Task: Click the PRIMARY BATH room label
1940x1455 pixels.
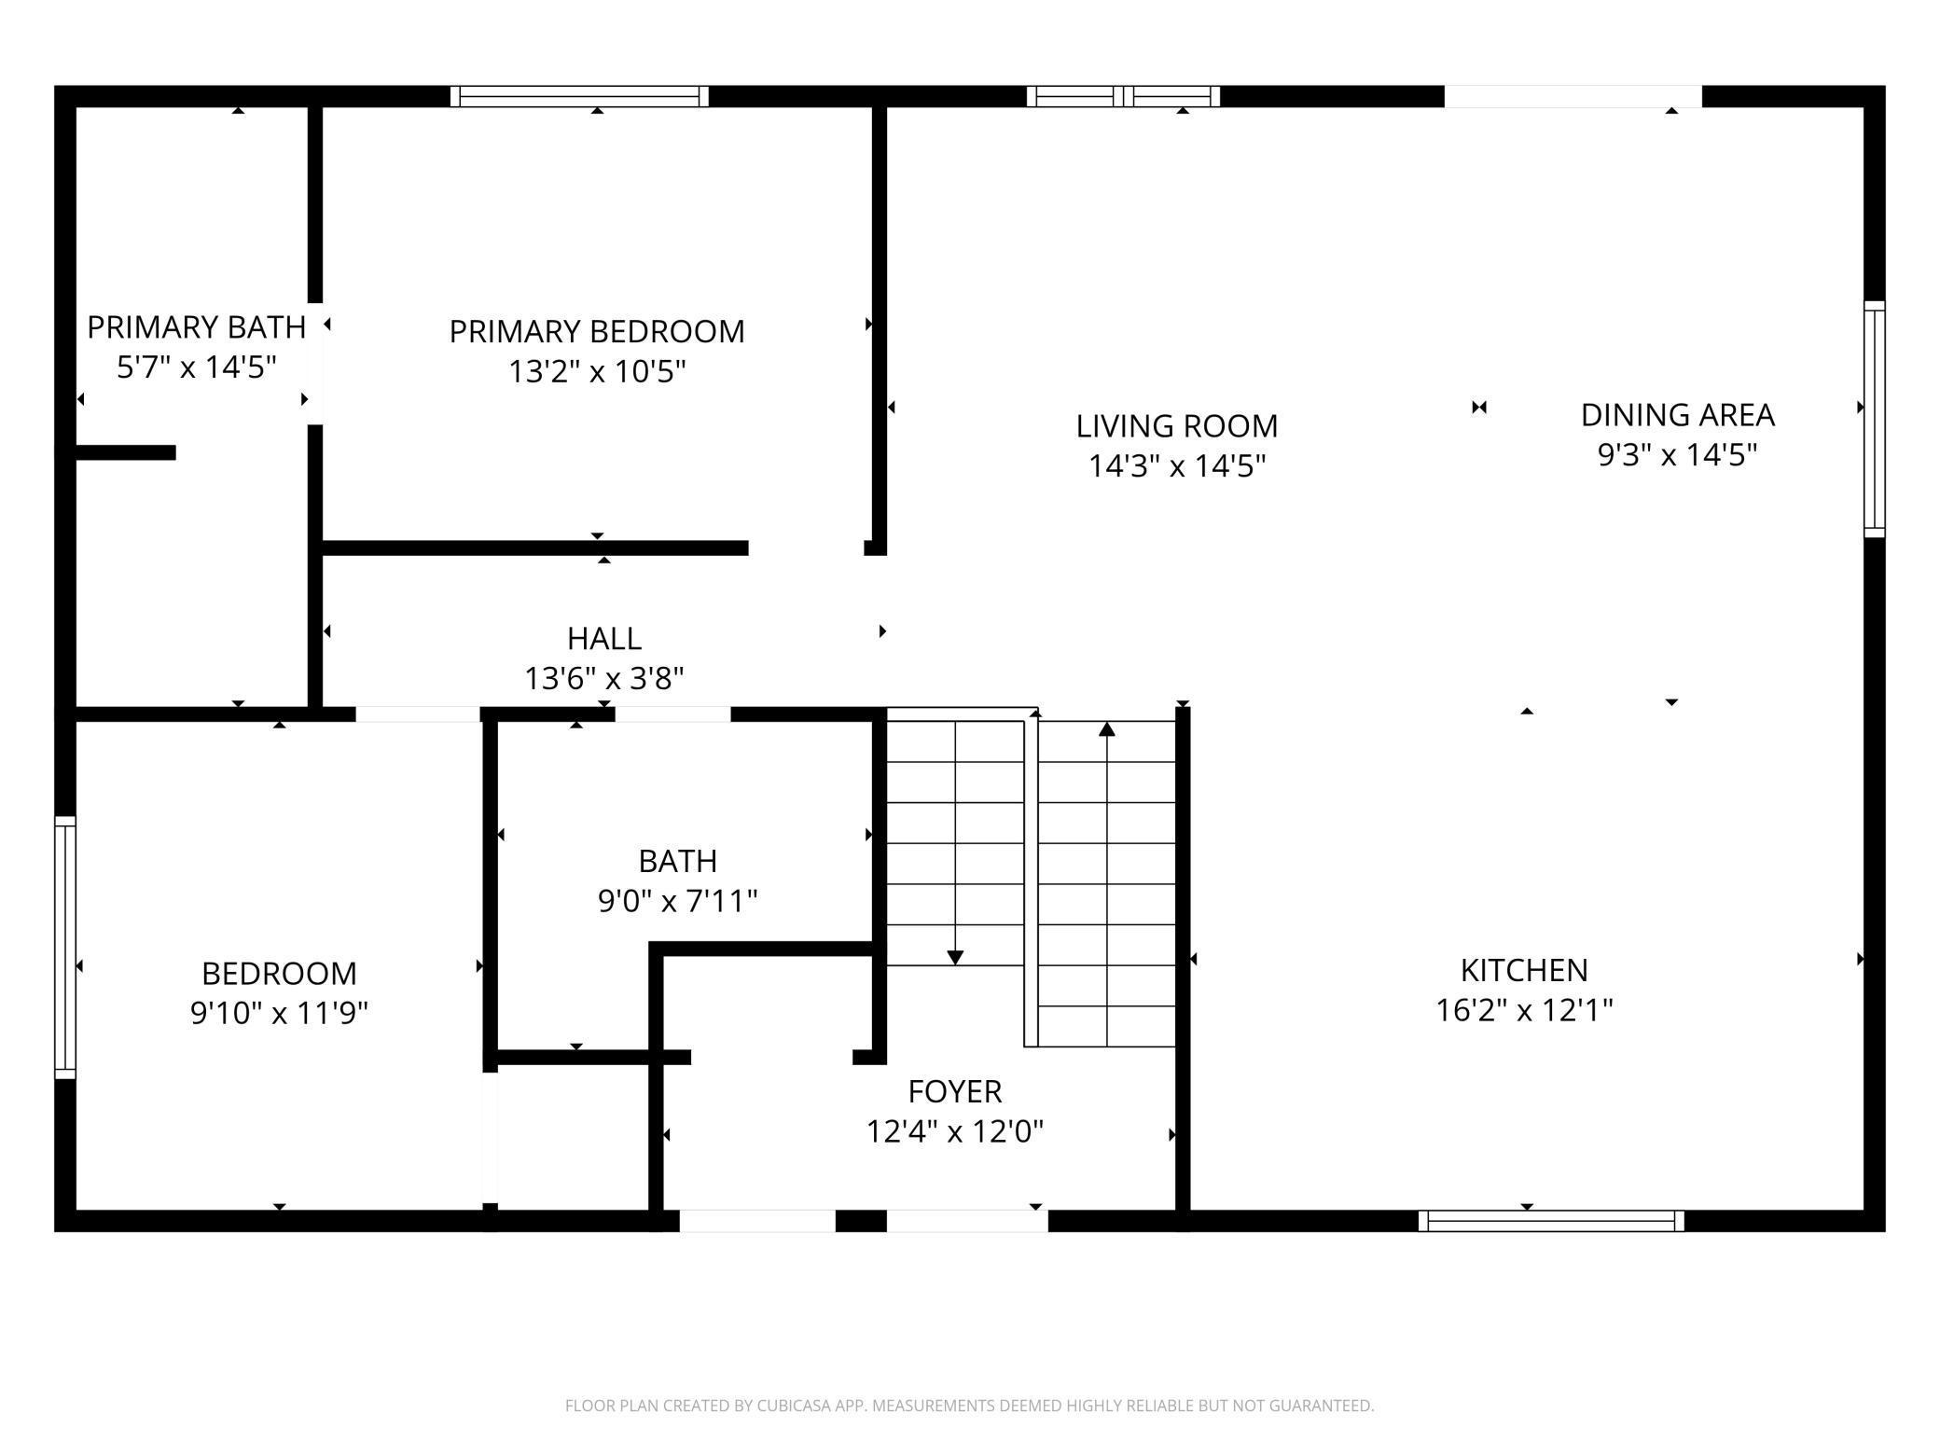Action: coord(196,327)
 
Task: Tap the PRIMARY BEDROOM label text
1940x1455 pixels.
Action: coord(597,331)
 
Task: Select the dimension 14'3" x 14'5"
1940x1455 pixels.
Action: coord(1177,465)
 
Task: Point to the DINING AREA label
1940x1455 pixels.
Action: coord(1677,415)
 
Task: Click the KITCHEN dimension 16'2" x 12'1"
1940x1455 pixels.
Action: coord(1524,1010)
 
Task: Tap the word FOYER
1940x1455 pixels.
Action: coord(955,1091)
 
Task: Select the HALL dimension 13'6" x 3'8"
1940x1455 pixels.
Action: coord(604,678)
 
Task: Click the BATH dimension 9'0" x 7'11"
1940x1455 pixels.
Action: coord(677,901)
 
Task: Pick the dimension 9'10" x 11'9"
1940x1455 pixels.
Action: coord(279,1013)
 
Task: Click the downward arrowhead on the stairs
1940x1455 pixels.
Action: coord(955,958)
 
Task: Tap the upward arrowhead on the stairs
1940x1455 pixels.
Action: coord(1107,728)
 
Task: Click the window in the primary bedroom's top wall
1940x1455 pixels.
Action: coord(579,96)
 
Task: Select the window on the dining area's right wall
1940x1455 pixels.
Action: coord(1875,419)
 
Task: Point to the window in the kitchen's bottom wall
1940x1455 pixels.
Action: coord(1551,1221)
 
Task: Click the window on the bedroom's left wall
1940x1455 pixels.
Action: coord(65,948)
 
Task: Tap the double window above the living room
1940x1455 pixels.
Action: coord(1124,96)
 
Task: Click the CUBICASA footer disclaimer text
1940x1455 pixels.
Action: coord(970,1406)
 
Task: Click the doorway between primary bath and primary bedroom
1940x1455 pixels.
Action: coord(315,364)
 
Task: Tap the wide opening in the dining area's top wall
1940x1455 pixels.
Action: coord(1573,96)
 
